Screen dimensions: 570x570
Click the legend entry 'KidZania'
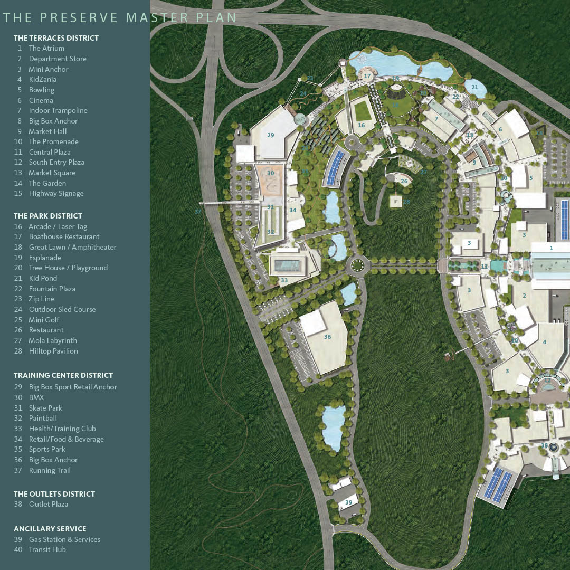(x=42, y=79)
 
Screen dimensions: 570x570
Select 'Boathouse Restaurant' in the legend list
(x=64, y=236)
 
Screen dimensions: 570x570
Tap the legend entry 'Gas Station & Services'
(x=64, y=539)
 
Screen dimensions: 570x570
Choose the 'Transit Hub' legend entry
(x=47, y=549)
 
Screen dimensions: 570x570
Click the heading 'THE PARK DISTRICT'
(x=48, y=216)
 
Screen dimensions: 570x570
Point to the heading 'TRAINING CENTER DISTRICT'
(x=63, y=375)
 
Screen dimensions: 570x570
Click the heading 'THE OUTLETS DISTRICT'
(x=54, y=494)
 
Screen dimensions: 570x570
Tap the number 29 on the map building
(x=270, y=135)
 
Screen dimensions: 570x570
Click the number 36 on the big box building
(x=327, y=337)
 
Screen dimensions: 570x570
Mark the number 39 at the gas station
(x=348, y=502)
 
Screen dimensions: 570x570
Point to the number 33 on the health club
(x=284, y=280)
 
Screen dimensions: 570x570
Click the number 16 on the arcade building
(x=362, y=125)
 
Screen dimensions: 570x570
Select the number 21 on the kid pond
(x=474, y=87)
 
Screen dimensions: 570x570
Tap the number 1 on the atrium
(x=551, y=248)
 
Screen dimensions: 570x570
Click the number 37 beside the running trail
(x=198, y=212)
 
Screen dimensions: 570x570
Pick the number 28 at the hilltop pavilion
(x=406, y=202)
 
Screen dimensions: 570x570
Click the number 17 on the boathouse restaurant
(x=367, y=76)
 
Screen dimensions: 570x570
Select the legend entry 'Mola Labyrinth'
(x=53, y=340)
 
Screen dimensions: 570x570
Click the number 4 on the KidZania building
(x=544, y=342)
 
